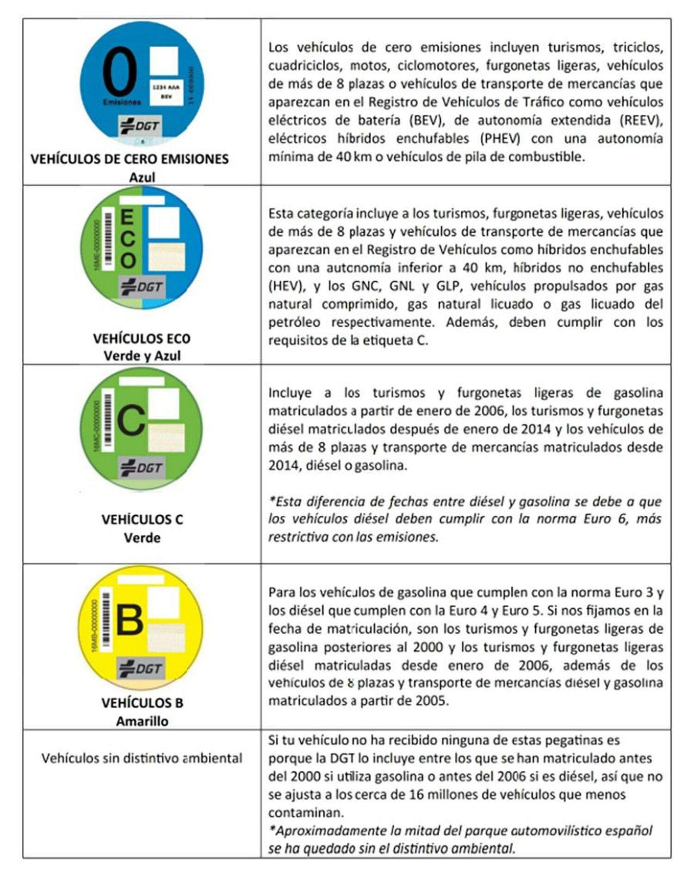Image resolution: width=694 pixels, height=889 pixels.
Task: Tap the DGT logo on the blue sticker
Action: (x=140, y=126)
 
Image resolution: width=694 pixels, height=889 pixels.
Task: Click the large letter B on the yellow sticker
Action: (x=129, y=619)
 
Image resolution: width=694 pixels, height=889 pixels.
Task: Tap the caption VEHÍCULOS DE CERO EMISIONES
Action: (x=130, y=159)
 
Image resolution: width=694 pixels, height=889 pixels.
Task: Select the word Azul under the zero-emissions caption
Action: (x=142, y=177)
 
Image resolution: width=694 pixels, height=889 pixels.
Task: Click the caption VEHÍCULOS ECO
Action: (x=142, y=339)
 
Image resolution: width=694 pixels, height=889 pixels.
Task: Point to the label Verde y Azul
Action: (x=142, y=356)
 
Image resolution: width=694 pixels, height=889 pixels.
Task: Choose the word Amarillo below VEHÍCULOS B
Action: (x=142, y=721)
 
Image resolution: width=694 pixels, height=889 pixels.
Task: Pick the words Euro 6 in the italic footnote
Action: (x=601, y=519)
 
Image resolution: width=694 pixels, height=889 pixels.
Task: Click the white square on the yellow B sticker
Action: (x=163, y=602)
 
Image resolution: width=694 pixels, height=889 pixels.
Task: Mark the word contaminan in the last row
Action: (x=306, y=813)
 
